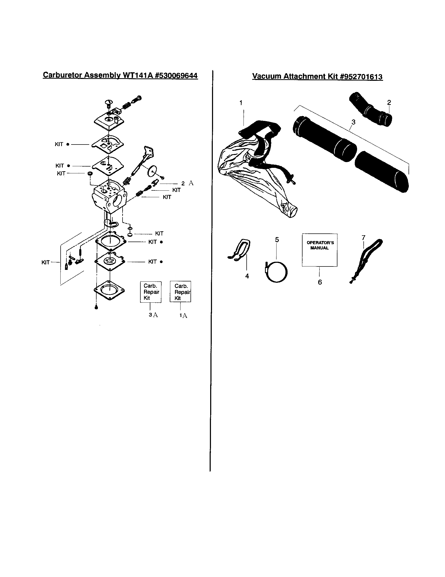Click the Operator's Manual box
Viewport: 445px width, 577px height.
320,250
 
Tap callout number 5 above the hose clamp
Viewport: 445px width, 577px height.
277,240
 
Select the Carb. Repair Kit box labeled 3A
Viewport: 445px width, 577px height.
150,292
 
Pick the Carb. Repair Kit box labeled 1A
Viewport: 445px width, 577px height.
180,292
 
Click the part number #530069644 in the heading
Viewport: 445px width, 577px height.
177,76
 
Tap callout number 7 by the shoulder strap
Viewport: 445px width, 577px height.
363,238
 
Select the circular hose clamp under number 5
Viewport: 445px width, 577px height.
276,272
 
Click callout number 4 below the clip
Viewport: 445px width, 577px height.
247,276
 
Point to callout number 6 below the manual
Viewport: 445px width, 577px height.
320,282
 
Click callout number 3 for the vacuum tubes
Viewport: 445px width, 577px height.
353,122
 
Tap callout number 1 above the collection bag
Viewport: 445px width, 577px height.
241,103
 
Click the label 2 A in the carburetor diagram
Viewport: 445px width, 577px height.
187,183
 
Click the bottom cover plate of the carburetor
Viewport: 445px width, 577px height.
109,290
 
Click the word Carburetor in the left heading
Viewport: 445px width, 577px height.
62,75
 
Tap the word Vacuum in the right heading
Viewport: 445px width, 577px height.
267,76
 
